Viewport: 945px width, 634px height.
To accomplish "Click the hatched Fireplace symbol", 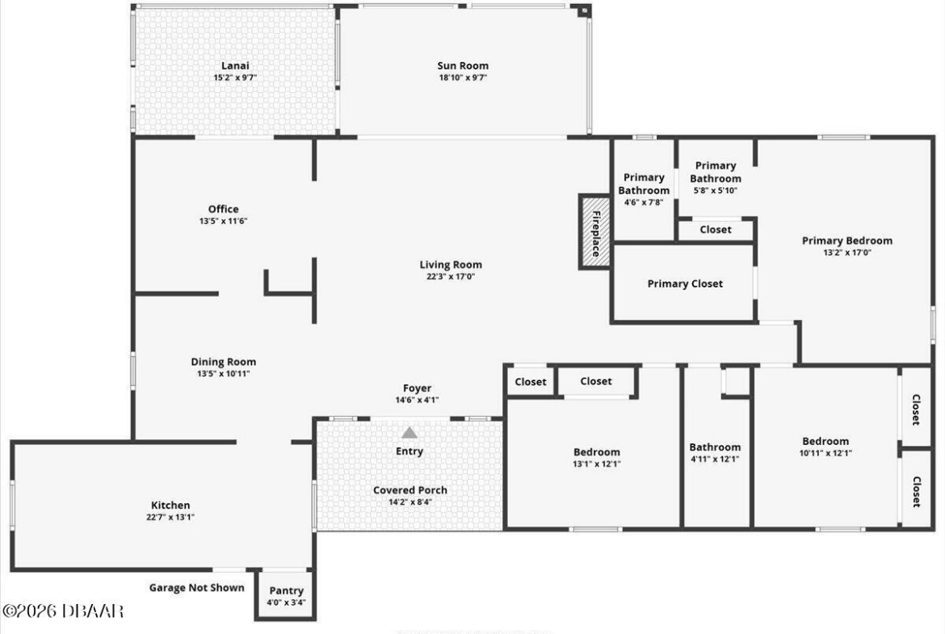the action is point(594,232).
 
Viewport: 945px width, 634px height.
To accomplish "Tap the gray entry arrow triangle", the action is point(409,433).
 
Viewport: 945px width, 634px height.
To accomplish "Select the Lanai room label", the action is point(235,65).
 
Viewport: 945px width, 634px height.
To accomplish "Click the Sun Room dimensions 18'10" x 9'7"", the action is point(463,78).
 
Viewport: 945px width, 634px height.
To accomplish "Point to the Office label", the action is point(224,209).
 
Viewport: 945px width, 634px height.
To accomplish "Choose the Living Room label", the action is point(451,265).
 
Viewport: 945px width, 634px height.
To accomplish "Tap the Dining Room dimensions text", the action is point(224,374).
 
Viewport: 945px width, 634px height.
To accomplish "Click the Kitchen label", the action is point(170,505).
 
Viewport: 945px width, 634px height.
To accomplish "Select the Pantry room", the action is point(286,594).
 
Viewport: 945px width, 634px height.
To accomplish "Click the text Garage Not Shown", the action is point(197,588).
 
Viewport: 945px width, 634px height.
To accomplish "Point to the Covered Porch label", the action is point(410,490).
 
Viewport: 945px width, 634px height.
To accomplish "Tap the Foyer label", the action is point(417,388).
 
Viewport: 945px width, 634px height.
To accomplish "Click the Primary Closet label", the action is point(685,283).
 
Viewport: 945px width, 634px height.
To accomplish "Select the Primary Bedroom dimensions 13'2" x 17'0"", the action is point(847,253).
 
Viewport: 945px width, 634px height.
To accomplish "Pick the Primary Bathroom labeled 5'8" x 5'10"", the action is point(716,178).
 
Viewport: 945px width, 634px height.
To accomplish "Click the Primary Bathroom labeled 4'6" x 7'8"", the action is point(644,189).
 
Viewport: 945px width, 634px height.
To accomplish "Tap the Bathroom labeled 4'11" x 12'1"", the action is point(715,452).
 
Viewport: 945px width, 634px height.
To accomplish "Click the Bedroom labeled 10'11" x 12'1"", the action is point(825,447).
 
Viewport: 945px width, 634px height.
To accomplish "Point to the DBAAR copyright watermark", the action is point(63,611).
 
